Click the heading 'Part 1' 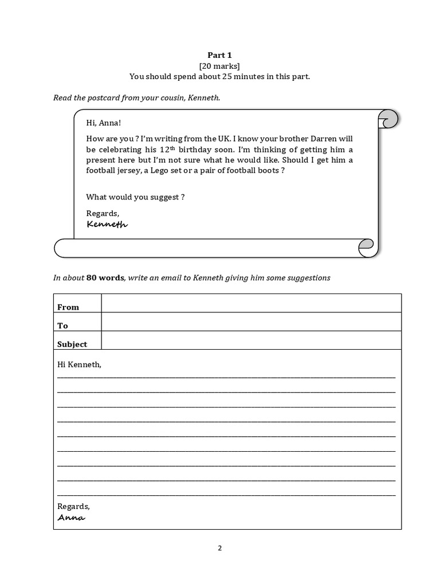point(219,55)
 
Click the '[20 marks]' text point(219,66)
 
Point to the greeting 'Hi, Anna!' point(104,123)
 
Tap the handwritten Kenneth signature point(107,224)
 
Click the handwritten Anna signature point(72,518)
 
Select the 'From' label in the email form point(68,307)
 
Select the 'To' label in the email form point(62,326)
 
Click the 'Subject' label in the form point(72,344)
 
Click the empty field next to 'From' point(251,303)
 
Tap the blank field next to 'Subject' point(251,340)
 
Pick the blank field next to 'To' point(251,322)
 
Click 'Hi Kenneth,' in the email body point(79,364)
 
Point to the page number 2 point(219,547)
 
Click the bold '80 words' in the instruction point(105,277)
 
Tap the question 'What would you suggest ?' point(135,197)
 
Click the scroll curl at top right point(388,120)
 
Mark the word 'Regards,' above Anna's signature point(74,506)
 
